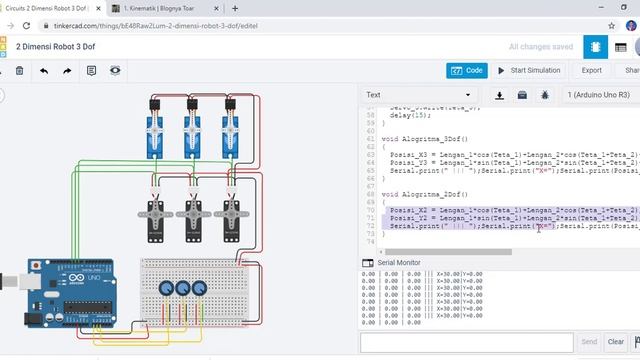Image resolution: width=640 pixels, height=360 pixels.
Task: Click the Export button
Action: [591, 70]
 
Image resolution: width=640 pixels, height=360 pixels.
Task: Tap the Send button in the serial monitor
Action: [589, 341]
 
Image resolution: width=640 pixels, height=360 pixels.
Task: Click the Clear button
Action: [616, 341]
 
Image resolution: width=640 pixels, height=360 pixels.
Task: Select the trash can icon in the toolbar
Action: [19, 71]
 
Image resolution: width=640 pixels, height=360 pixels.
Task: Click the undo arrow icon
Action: [43, 71]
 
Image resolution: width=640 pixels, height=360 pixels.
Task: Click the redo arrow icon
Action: [67, 71]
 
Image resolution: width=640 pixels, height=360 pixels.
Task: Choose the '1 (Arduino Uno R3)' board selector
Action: [598, 95]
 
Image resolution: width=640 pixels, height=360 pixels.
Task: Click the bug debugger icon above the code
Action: [545, 95]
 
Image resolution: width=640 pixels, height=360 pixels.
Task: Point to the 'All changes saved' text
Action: [541, 47]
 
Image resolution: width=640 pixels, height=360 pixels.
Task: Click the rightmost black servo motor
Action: [232, 212]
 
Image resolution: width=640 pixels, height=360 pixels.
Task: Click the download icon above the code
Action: [500, 95]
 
